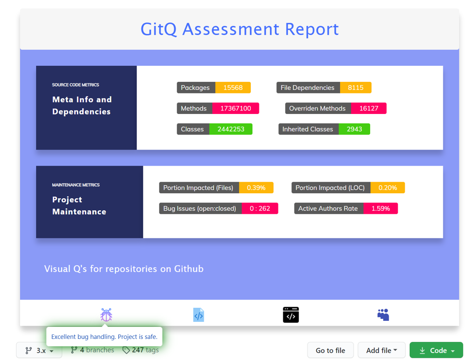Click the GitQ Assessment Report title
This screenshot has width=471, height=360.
coord(239,29)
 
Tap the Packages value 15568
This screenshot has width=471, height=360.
coord(233,87)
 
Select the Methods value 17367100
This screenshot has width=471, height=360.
coord(235,108)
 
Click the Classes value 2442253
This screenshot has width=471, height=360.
coord(231,129)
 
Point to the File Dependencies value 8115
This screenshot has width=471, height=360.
coord(355,87)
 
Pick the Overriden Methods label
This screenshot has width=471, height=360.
coord(317,108)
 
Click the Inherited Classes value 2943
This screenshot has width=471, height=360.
coord(354,129)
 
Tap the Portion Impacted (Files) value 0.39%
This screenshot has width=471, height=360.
coord(256,188)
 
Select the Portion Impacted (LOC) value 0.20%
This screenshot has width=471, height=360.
coord(387,188)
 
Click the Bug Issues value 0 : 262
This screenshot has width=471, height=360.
coord(259,208)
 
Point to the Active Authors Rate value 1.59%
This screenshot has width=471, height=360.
coord(380,208)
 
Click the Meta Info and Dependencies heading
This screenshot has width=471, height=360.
coord(82,105)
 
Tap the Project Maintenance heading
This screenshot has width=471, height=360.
coord(79,205)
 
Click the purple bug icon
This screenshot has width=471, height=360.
coord(106,315)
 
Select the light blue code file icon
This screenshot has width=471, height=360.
coord(199,315)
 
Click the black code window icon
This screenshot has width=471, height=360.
coord(291,315)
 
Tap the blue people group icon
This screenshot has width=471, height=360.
coord(383,315)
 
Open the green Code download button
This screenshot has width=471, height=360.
coord(436,350)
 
